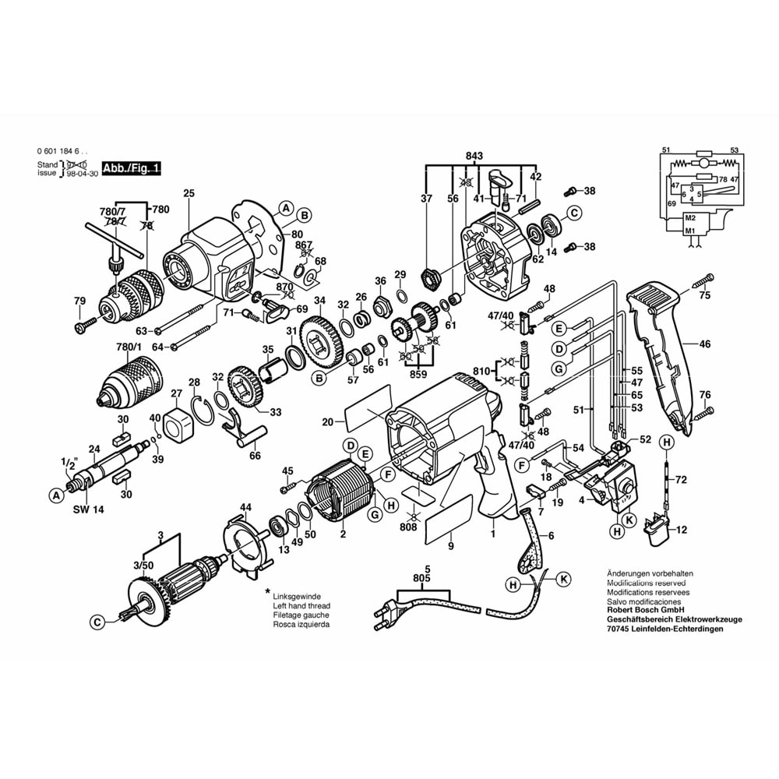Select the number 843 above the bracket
[x=474, y=156]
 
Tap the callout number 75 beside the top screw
[x=704, y=296]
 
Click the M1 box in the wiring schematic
[x=689, y=231]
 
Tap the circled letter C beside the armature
[x=97, y=622]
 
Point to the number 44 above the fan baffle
[x=246, y=508]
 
